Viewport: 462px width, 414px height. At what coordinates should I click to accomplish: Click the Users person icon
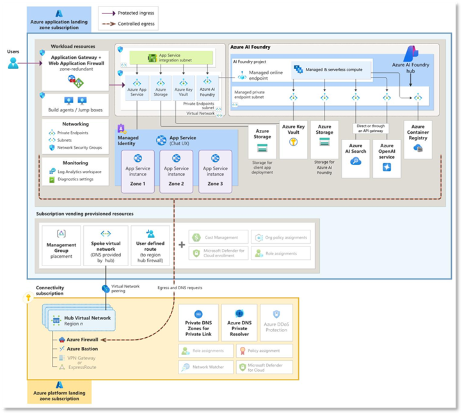click(x=13, y=63)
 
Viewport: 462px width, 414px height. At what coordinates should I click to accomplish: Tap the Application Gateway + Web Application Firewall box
click(x=76, y=71)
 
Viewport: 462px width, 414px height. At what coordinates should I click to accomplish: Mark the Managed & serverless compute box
click(x=332, y=69)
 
